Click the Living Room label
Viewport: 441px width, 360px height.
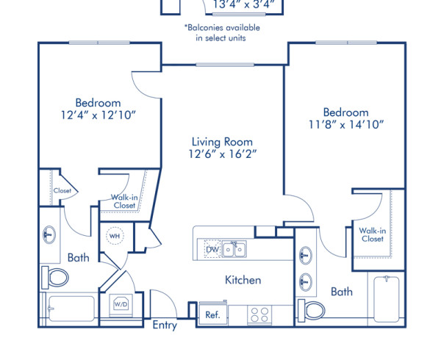pos(222,142)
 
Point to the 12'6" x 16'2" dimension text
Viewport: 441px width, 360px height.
pos(222,155)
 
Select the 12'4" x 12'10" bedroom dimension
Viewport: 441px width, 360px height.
pos(98,116)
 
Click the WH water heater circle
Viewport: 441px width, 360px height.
pos(114,237)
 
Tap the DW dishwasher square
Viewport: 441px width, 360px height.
pos(212,250)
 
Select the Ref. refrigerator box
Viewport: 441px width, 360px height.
pos(212,314)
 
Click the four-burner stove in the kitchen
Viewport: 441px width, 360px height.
pos(259,314)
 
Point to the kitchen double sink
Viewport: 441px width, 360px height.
pos(235,250)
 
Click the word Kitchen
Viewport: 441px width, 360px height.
pos(243,280)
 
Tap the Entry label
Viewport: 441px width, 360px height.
pos(165,325)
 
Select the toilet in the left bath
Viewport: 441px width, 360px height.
pos(57,277)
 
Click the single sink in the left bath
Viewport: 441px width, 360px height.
pos(49,235)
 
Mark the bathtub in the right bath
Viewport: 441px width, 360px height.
pos(386,300)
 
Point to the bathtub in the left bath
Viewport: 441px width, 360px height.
pos(70,309)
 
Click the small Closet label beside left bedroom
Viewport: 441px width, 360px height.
pos(62,191)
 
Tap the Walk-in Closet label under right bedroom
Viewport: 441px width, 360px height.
pos(371,234)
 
